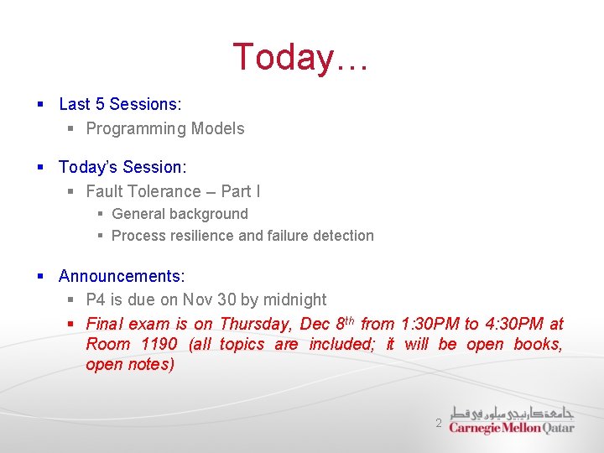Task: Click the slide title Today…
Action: coord(300,57)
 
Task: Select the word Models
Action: coord(217,128)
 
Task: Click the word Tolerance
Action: coord(164,191)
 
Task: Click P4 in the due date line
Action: coord(96,299)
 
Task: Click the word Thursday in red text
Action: coord(254,324)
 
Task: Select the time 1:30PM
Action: coord(430,324)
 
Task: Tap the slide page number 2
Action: coord(438,424)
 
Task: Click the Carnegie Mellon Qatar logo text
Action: coord(512,427)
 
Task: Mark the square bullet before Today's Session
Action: coord(39,168)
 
